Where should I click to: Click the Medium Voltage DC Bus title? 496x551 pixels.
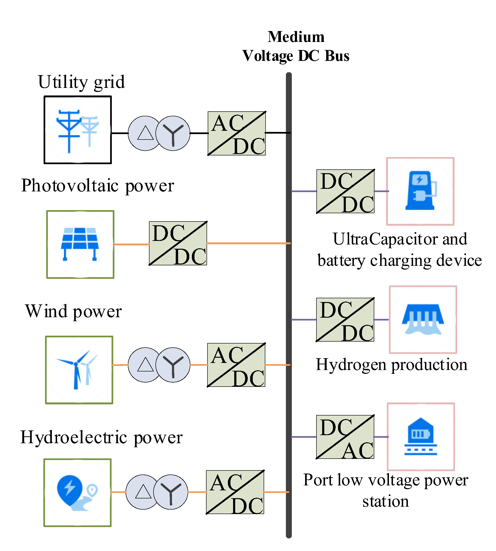point(296,46)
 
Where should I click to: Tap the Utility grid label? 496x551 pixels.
point(81,82)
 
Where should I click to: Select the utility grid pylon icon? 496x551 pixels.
point(78,130)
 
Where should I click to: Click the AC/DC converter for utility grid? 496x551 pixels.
point(237,133)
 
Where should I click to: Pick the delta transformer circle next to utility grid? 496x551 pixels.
point(145,133)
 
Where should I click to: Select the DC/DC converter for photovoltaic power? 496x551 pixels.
point(178,243)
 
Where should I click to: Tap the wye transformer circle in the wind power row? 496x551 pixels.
point(173,365)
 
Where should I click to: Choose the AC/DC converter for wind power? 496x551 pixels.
point(236,365)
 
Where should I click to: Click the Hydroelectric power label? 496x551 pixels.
point(101,437)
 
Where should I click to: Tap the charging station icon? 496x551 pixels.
point(420,191)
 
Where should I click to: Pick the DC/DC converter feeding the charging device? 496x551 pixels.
point(345,191)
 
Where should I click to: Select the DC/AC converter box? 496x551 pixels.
point(345,437)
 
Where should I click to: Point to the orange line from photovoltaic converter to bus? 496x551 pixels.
point(248,243)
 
